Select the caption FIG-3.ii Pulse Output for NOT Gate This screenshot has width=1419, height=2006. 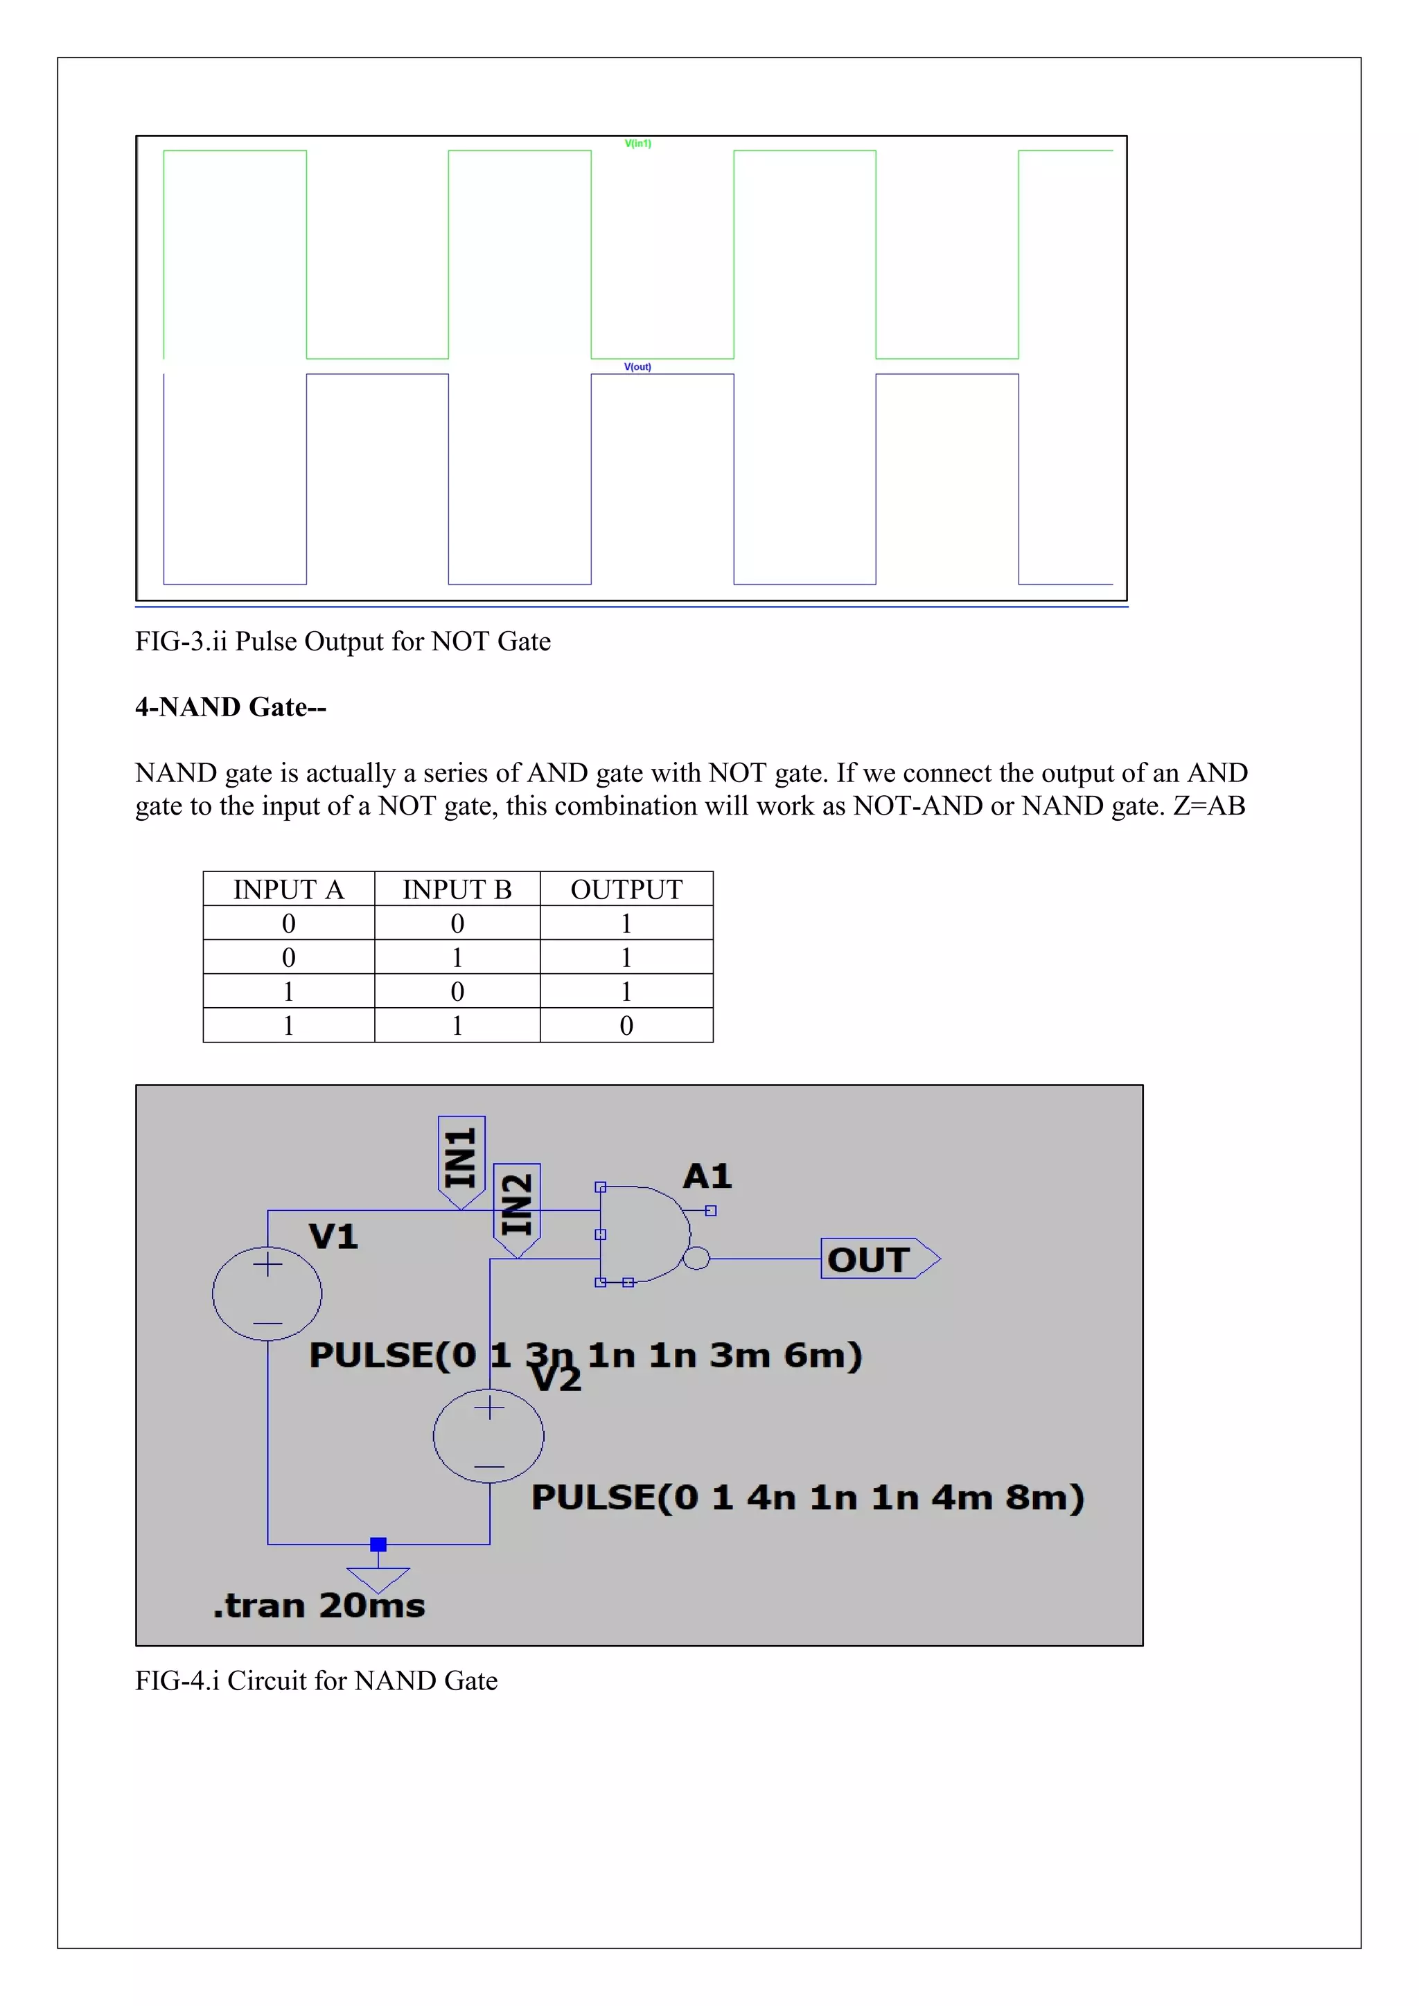click(x=342, y=641)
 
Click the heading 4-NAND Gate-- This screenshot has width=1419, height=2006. click(x=231, y=707)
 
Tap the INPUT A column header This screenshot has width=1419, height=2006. click(x=288, y=889)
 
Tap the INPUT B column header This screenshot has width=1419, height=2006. click(x=457, y=889)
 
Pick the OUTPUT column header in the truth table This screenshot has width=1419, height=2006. click(x=626, y=889)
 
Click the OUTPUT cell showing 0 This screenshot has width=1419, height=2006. click(x=626, y=1026)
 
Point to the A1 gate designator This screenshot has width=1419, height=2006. click(x=707, y=1177)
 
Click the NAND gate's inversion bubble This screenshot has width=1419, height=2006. click(x=696, y=1259)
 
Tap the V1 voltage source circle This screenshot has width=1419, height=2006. click(x=267, y=1293)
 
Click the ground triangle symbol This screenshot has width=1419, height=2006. click(x=378, y=1579)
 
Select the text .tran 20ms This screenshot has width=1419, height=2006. click(x=320, y=1606)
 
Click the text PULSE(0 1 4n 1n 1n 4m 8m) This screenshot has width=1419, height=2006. click(x=807, y=1498)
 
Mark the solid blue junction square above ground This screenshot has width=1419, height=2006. click(x=378, y=1545)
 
